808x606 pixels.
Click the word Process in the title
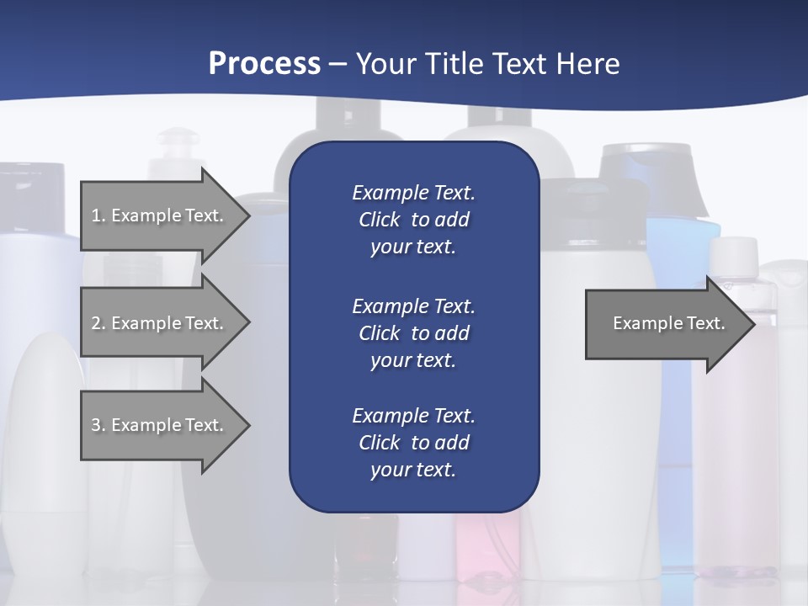pyautogui.click(x=264, y=64)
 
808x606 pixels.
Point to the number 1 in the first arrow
pyautogui.click(x=96, y=215)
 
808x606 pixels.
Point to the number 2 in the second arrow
pyautogui.click(x=96, y=323)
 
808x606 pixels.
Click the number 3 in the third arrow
pyautogui.click(x=96, y=425)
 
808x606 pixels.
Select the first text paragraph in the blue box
pyautogui.click(x=413, y=220)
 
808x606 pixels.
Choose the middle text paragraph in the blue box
pyautogui.click(x=413, y=333)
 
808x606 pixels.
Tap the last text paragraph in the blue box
pyautogui.click(x=413, y=443)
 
